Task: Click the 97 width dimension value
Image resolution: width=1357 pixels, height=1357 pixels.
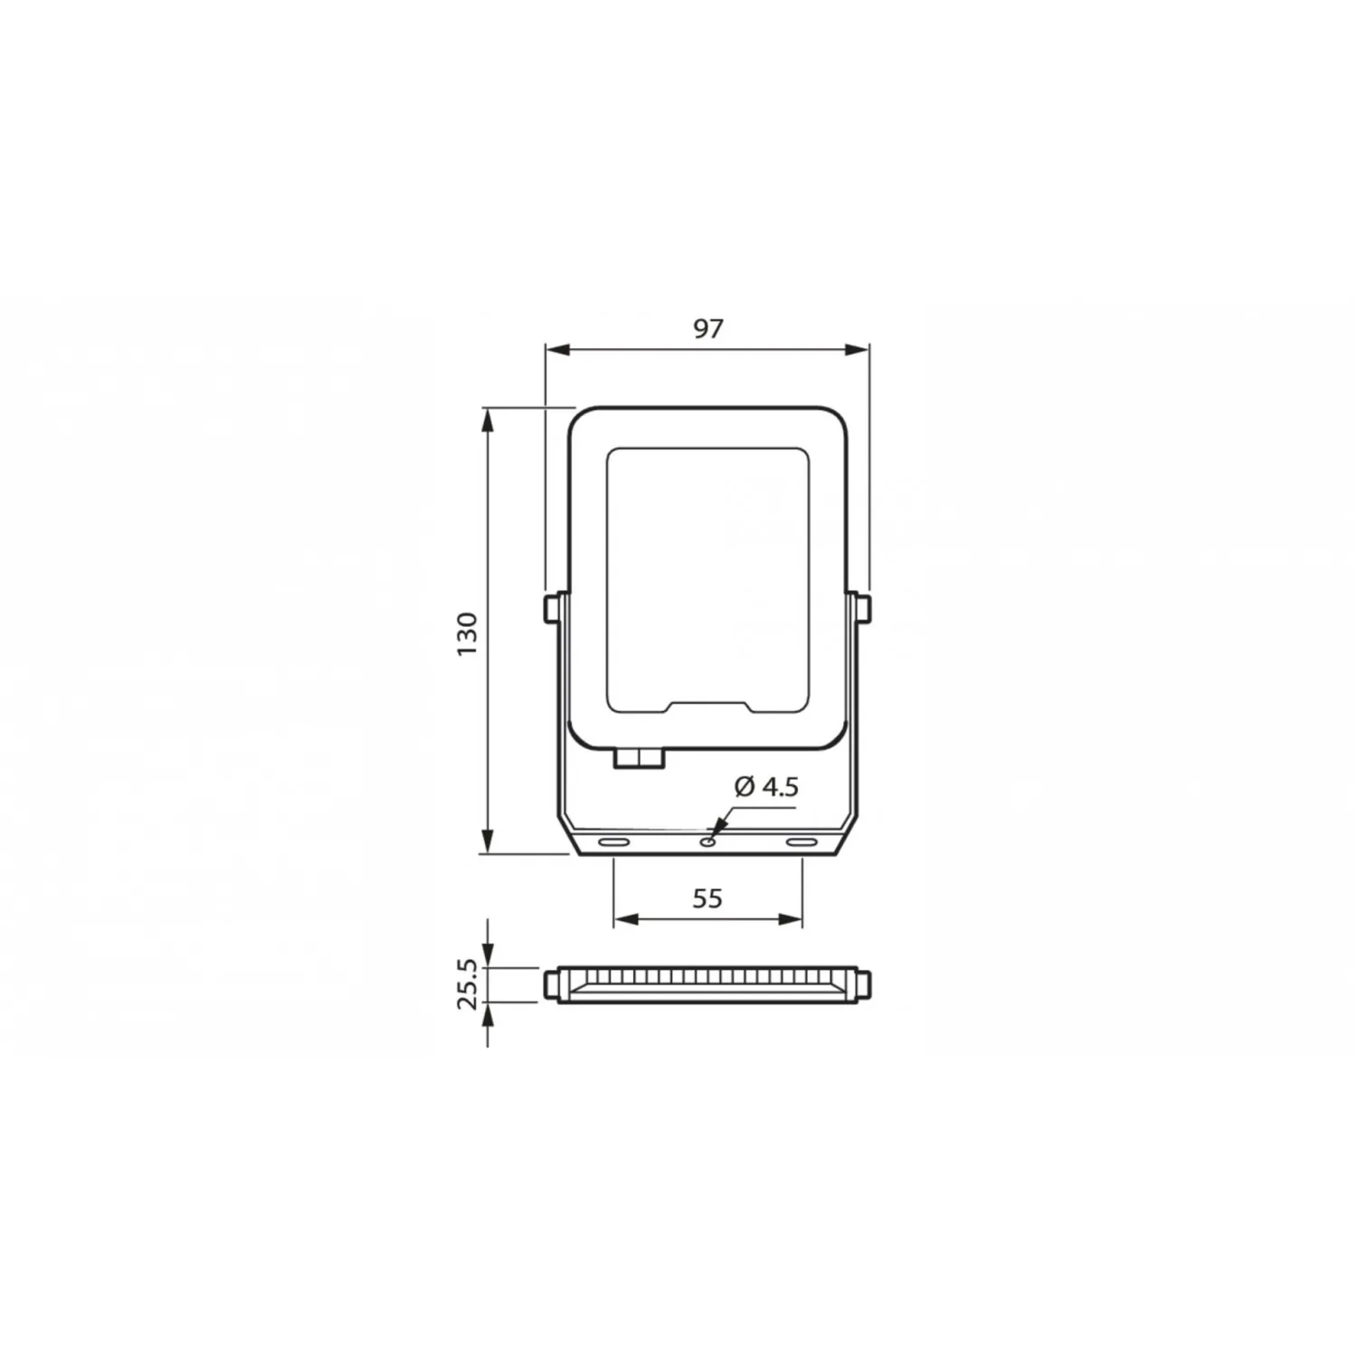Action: (708, 328)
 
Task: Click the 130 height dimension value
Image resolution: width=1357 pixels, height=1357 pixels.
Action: (467, 633)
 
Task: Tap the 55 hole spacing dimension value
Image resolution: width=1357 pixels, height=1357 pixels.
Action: (707, 898)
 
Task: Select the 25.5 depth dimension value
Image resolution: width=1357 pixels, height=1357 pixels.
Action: (467, 983)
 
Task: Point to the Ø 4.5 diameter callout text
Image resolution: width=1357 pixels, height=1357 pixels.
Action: (766, 787)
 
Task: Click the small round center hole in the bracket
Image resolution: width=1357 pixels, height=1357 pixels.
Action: (708, 842)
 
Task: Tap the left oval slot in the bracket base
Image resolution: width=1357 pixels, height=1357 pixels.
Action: (614, 842)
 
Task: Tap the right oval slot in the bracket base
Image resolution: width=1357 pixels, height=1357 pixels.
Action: (801, 842)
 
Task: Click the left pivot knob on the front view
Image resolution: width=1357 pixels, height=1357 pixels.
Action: (550, 609)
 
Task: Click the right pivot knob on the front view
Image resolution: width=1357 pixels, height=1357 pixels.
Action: (865, 609)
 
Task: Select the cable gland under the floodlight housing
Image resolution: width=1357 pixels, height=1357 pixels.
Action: (639, 758)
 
